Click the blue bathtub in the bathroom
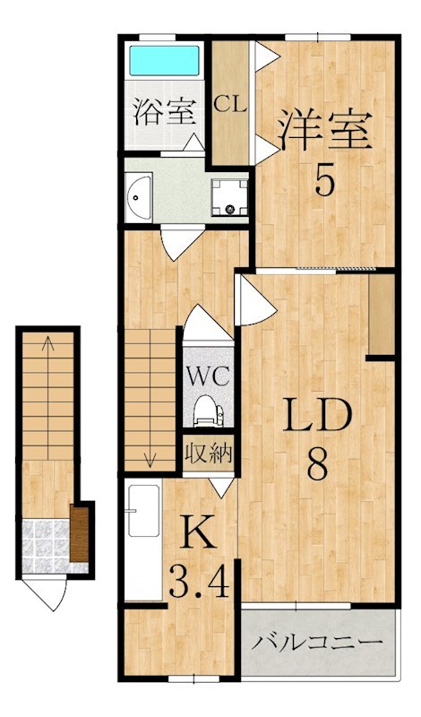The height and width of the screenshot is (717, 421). (x=165, y=60)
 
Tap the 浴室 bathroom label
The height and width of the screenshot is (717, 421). (x=164, y=112)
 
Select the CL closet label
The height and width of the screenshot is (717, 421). (x=231, y=105)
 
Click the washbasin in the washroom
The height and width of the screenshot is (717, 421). (x=139, y=196)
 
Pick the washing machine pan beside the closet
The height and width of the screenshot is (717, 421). (x=230, y=197)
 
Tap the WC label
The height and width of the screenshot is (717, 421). (x=208, y=376)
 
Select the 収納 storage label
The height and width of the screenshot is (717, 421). (x=209, y=454)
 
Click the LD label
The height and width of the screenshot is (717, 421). (x=318, y=415)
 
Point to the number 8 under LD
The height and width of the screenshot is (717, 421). (x=318, y=463)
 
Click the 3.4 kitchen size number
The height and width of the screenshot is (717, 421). (x=199, y=582)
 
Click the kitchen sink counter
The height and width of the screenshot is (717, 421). (x=143, y=540)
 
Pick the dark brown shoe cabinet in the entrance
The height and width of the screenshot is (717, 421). (x=79, y=534)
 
